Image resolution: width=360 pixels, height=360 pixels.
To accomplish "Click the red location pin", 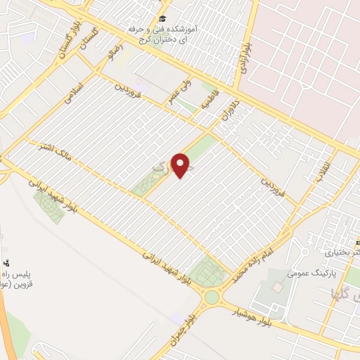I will tap(181, 165).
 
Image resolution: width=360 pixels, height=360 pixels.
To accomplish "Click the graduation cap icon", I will tap(163, 18).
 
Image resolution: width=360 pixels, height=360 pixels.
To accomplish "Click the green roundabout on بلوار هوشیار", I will tap(212, 297).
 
